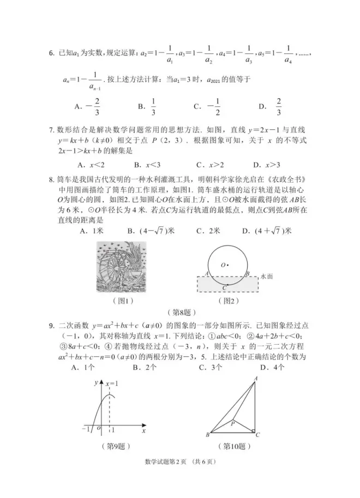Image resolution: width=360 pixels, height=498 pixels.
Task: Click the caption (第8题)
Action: click(181, 313)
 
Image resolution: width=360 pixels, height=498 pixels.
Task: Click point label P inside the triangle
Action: click(232, 422)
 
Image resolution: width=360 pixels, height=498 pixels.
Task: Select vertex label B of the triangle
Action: click(208, 435)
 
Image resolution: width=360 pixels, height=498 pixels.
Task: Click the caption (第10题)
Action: click(235, 446)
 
